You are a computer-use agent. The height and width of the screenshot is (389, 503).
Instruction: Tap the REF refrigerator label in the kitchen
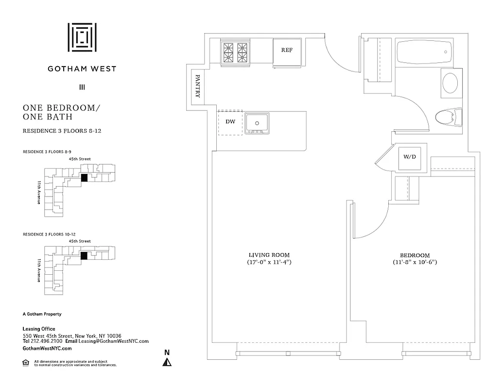point(287,50)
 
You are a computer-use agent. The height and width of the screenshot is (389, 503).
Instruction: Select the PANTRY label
point(198,86)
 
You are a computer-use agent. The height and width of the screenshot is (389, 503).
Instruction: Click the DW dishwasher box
point(230,122)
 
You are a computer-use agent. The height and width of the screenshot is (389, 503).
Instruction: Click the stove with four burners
point(236,53)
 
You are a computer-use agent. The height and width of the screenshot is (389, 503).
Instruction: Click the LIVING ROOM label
point(269,255)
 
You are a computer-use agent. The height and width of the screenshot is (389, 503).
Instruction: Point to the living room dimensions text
point(269,263)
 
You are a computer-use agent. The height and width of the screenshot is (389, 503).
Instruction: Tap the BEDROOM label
point(415,255)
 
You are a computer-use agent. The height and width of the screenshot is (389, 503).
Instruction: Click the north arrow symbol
point(167,362)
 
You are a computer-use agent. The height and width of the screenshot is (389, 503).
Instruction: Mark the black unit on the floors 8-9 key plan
point(84,178)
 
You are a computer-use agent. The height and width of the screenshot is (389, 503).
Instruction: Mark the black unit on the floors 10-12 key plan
point(84,256)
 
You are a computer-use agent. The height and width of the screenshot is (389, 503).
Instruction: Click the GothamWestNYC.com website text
point(47,349)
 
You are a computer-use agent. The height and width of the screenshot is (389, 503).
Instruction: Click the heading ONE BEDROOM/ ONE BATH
point(61,112)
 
